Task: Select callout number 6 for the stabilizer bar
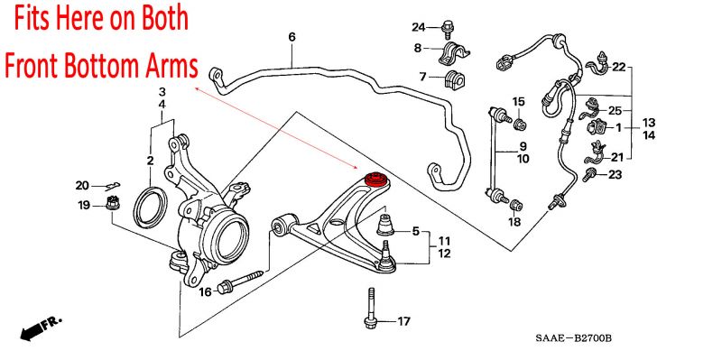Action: tap(292, 37)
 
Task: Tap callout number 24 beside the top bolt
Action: tap(419, 28)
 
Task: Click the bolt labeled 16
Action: tap(240, 282)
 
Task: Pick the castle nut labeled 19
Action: tap(113, 202)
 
